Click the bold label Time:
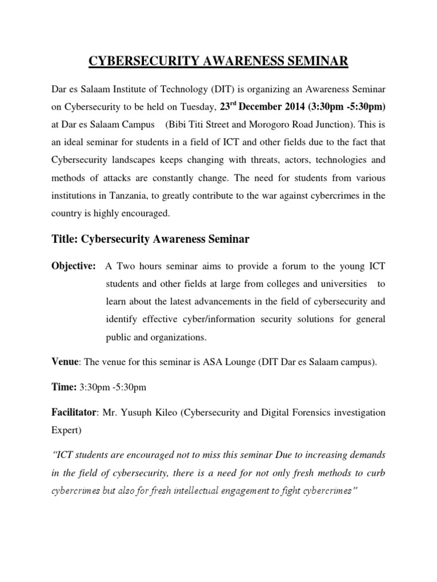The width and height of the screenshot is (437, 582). point(64,388)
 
